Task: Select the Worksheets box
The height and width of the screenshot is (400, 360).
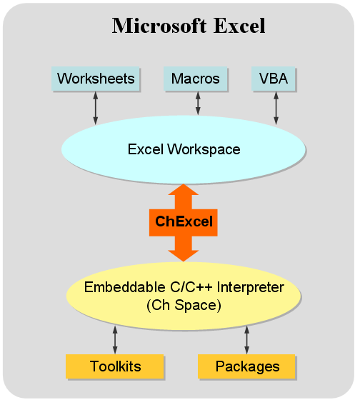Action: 96,79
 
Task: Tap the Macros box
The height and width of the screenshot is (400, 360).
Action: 196,79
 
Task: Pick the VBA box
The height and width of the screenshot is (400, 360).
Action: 274,79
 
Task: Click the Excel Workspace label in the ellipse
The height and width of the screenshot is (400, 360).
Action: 184,150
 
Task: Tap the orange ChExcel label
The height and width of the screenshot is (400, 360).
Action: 184,221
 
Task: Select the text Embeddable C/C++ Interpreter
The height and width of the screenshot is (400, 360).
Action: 184,288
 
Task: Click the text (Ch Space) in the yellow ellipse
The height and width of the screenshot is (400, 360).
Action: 184,305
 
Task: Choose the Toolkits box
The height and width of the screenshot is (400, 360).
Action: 115,366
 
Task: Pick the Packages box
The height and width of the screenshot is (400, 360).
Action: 247,366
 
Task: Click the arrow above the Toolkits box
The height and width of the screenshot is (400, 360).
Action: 115,339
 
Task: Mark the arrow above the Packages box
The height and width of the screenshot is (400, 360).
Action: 247,339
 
